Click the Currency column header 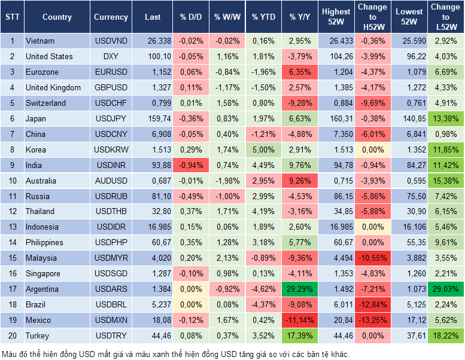pyautogui.click(x=111, y=17)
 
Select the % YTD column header pyautogui.click(x=263, y=17)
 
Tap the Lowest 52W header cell pyautogui.click(x=409, y=17)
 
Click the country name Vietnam pyautogui.click(x=40, y=41)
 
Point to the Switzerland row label pyautogui.click(x=46, y=103)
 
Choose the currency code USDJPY pyautogui.click(x=111, y=119)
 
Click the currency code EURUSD pyautogui.click(x=111, y=72)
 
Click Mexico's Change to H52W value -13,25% pyautogui.click(x=372, y=321)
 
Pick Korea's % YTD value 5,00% pyautogui.click(x=263, y=150)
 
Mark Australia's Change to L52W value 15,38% pyautogui.click(x=445, y=181)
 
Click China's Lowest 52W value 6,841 pyautogui.click(x=409, y=135)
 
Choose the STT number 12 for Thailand pyautogui.click(x=12, y=212)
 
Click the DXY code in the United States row pyautogui.click(x=111, y=57)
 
